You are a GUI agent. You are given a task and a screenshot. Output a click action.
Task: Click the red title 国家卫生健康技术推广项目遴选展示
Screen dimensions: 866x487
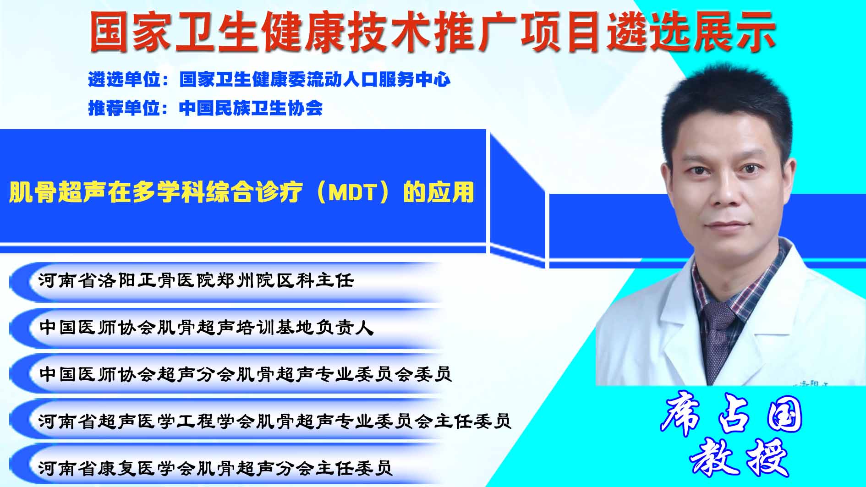[x=433, y=32]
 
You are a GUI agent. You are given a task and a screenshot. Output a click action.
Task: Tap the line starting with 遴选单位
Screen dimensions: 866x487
[x=269, y=80]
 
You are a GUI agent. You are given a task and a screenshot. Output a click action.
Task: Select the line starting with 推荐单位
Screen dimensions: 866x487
[x=205, y=108]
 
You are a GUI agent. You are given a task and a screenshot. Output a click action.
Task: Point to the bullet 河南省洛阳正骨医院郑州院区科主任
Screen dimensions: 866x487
[x=196, y=280]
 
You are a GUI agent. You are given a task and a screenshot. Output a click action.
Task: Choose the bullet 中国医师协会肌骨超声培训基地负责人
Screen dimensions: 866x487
[x=207, y=327]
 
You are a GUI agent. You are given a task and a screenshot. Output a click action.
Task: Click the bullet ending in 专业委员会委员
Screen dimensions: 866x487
[x=246, y=374]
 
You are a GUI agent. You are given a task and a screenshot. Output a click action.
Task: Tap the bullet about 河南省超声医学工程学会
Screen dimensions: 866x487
[x=275, y=421]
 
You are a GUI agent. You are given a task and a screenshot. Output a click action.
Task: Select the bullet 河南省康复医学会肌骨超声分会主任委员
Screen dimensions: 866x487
[x=215, y=467]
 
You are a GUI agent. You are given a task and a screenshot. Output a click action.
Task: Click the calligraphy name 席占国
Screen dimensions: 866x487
[x=732, y=415]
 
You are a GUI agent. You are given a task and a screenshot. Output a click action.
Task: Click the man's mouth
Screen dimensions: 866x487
[x=727, y=225]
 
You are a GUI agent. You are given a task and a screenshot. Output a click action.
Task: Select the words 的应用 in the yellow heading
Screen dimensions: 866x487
[x=438, y=192]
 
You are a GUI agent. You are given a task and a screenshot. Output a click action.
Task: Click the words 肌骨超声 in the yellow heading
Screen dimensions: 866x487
[x=58, y=192]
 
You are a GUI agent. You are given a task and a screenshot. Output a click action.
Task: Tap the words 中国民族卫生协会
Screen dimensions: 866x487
[x=251, y=108]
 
